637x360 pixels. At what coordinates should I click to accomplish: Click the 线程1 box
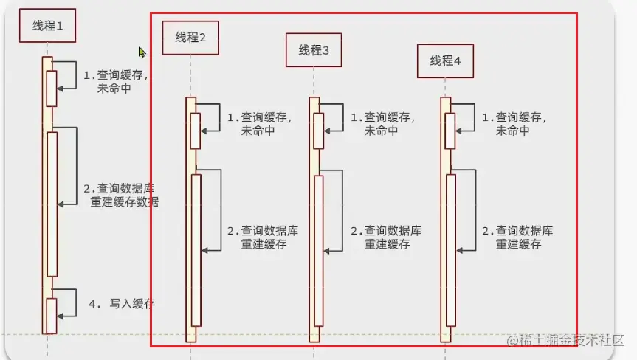(47, 27)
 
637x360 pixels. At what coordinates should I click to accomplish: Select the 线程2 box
(190, 38)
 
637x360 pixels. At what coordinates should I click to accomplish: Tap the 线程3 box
(314, 50)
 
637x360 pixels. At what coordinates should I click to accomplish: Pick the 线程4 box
(445, 60)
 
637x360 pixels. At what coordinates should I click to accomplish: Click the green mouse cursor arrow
(142, 52)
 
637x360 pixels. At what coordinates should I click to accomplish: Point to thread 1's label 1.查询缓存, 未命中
(114, 81)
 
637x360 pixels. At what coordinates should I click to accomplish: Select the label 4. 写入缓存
(122, 303)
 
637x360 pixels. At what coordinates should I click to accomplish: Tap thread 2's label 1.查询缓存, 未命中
(258, 123)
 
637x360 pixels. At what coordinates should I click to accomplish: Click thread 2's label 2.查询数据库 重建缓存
(263, 238)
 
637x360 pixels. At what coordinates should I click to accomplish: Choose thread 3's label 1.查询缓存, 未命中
(382, 123)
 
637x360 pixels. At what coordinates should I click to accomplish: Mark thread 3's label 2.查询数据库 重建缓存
(386, 238)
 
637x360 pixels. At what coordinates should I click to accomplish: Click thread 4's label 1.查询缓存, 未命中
(513, 123)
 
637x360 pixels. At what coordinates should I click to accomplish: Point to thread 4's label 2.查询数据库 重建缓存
(517, 238)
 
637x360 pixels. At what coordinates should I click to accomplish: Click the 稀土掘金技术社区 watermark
(565, 340)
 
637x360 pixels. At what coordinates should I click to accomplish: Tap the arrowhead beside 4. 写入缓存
(61, 316)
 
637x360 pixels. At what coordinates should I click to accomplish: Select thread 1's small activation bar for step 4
(52, 316)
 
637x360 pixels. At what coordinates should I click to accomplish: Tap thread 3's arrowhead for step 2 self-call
(328, 250)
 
